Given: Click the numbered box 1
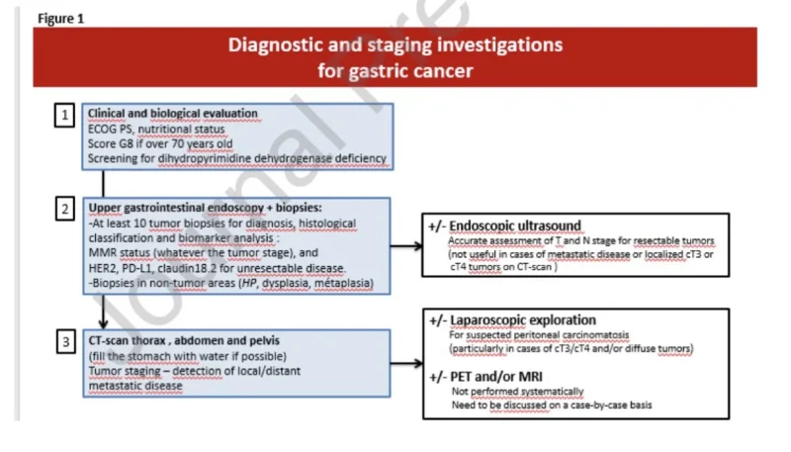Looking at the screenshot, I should coord(65,116).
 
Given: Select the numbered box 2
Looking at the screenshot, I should coord(65,210).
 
